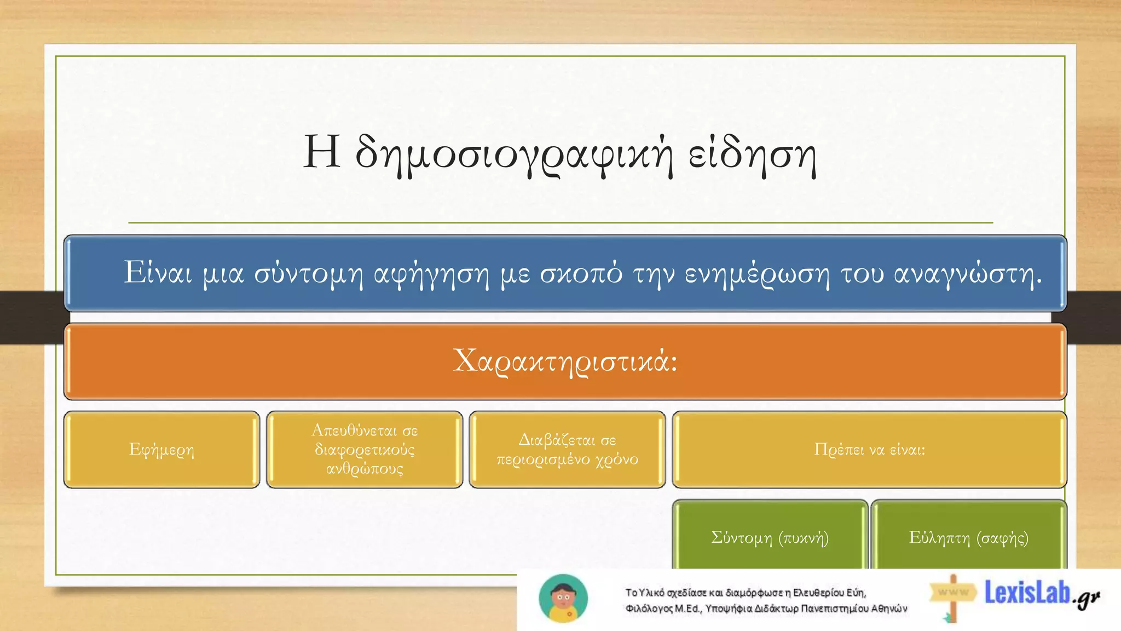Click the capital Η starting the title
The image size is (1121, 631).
point(321,152)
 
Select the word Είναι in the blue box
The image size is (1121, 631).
point(158,272)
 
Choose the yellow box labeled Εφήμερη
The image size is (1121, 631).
point(161,450)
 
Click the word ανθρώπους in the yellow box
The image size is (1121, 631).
point(365,469)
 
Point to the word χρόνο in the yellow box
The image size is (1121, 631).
point(617,459)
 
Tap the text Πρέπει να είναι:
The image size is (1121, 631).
point(869,450)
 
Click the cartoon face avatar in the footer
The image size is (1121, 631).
point(563,598)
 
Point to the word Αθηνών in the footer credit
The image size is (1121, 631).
point(889,609)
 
